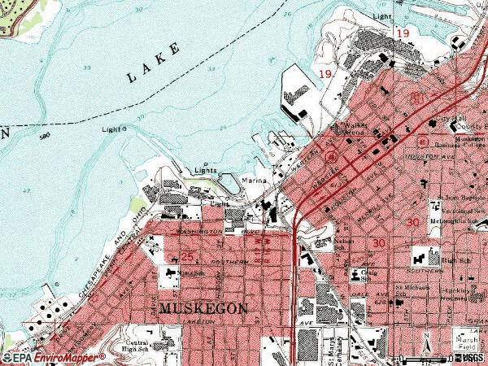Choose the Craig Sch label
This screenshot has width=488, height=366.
(371, 274)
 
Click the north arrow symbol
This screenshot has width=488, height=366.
(428, 351)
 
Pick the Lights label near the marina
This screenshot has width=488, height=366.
(206, 171)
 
